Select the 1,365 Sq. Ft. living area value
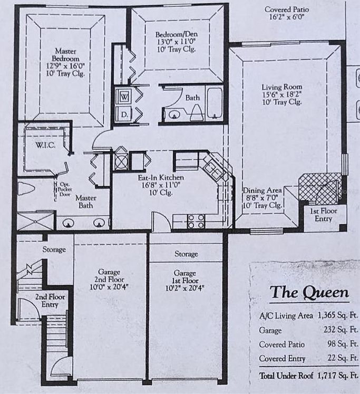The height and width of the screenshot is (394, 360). [x=338, y=316]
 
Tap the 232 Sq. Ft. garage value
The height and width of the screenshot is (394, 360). [x=345, y=330]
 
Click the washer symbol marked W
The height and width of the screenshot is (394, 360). [x=124, y=97]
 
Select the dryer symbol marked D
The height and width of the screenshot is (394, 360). [x=124, y=114]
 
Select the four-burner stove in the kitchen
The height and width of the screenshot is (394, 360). [x=196, y=222]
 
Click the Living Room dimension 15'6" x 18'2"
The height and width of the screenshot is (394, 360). [x=282, y=95]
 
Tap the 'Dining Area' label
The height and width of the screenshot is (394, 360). [x=262, y=190]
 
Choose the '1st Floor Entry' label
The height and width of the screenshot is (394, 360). [x=323, y=215]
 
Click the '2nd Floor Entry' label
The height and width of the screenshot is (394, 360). [x=50, y=301]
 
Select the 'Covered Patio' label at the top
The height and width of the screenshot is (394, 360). [x=287, y=9]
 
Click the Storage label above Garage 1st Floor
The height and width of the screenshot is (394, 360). [x=186, y=254]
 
